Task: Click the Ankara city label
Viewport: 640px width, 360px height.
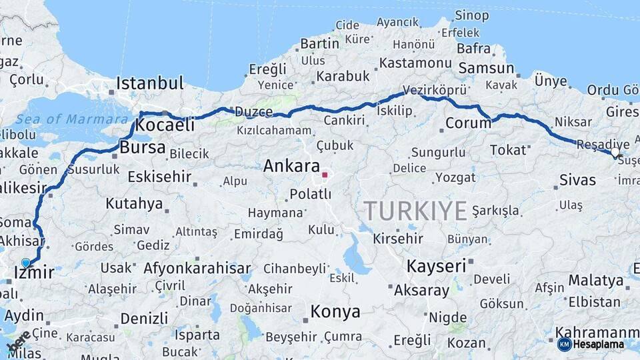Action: coord(291,166)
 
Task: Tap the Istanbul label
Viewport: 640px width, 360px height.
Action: coord(149,83)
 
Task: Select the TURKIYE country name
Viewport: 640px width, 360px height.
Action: coord(415,211)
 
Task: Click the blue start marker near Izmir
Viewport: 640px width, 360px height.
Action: coord(26,263)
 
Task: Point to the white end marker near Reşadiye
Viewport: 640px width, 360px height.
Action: coord(615,153)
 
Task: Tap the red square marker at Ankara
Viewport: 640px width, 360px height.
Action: coord(325,175)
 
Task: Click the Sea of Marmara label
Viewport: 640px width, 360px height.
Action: coord(72,119)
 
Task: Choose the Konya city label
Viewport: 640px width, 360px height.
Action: coord(335,311)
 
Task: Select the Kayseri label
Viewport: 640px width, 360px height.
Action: coord(436,266)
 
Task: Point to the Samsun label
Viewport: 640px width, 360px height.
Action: coord(486,68)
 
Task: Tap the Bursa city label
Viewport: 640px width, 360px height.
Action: coord(142,147)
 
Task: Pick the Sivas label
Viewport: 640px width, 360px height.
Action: coord(577,179)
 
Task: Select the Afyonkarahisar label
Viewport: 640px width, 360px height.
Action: coord(197,269)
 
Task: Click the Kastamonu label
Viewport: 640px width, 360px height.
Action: coord(415,63)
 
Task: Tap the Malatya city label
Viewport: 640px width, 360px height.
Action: coord(595,279)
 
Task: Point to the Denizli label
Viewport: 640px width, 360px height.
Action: coord(144,317)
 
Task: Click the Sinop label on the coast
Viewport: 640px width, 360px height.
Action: coord(472,15)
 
